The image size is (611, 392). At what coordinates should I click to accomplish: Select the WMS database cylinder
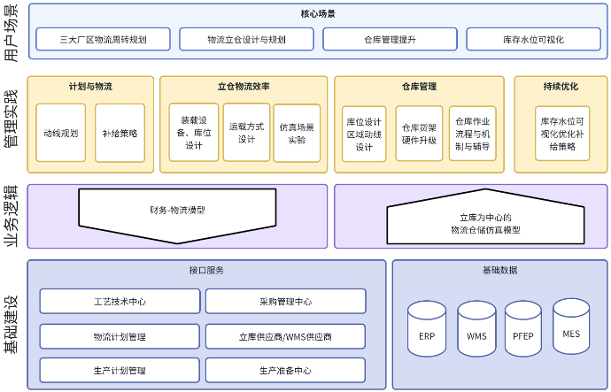pos(476,329)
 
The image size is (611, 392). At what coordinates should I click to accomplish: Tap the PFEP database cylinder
pos(522,329)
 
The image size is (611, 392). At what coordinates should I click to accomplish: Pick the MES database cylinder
pos(571,327)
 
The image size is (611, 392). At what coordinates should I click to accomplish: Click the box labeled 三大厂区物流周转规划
pos(103,39)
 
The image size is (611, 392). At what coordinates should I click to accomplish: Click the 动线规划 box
pos(60,133)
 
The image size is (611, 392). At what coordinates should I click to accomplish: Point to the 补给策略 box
pos(120,133)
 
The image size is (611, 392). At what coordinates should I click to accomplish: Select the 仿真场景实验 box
pos(297,133)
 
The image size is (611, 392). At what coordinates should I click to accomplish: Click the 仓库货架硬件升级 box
pos(419,133)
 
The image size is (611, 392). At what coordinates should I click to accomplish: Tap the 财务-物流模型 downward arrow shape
pos(177,210)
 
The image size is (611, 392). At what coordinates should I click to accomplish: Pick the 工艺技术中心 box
pos(120,302)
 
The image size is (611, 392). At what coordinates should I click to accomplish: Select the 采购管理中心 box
pos(285,302)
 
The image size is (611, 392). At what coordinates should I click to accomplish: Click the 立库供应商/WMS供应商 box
pos(285,336)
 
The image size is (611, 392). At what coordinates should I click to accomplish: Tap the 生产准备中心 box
pos(285,370)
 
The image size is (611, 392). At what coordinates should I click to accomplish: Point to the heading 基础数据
pos(499,270)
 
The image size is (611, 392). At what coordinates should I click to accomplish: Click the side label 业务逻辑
pos(12,216)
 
